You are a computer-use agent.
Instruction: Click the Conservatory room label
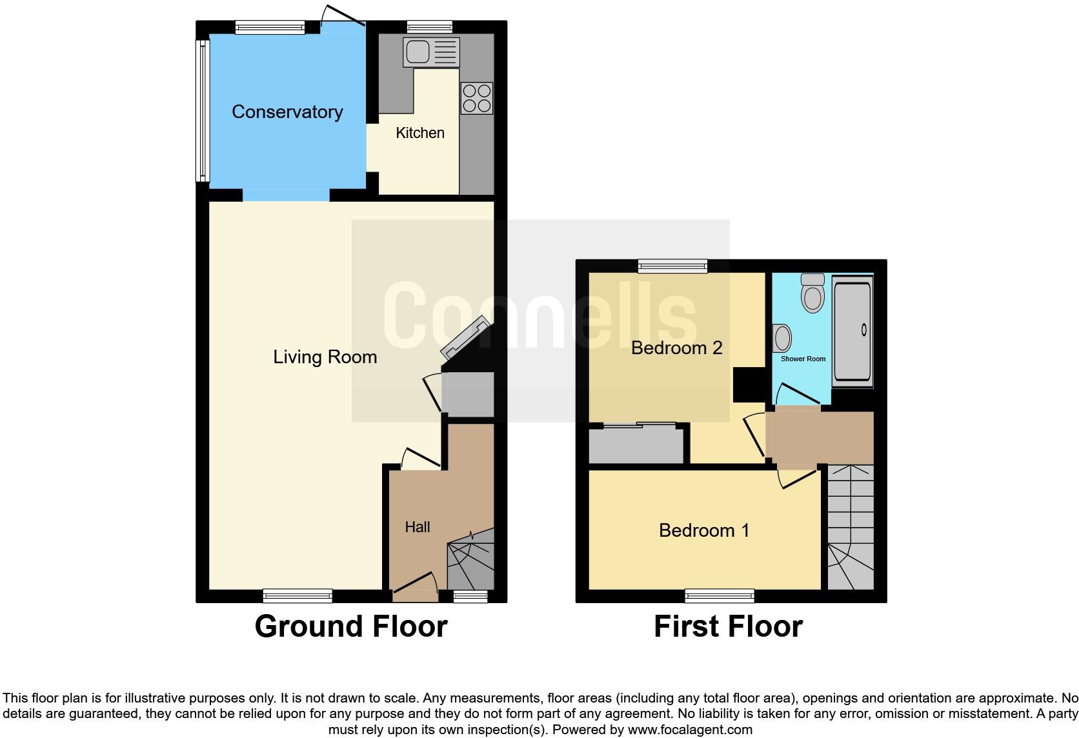coord(287,112)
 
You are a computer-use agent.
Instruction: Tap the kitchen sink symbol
coord(431,52)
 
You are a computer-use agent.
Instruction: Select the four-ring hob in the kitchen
coord(477,98)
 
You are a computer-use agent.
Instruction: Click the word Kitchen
coord(420,133)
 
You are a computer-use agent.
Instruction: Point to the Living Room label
coord(325,357)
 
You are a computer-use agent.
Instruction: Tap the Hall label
coord(418,527)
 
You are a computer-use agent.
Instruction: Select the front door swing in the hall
coord(416,583)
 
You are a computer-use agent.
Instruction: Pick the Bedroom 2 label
coord(676,348)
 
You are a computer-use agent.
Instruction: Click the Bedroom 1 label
coord(704,530)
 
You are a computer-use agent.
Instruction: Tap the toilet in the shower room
coord(812,294)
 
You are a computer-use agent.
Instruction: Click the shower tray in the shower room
coord(852,331)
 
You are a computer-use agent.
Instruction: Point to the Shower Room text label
coord(803,359)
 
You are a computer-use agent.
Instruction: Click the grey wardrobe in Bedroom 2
coord(636,445)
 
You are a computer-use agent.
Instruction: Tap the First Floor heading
coord(728,626)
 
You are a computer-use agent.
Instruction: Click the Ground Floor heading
coord(351,626)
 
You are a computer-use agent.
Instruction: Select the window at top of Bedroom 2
coord(672,266)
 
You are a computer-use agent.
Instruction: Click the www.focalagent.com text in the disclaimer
coord(690,730)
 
